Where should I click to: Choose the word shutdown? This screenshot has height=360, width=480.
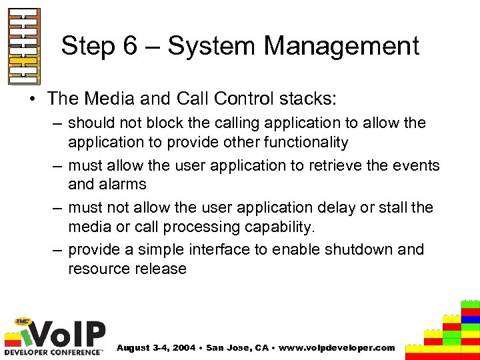click(357, 249)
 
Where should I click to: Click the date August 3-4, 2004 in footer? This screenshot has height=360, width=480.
click(156, 348)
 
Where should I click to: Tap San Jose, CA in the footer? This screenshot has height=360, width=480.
click(239, 348)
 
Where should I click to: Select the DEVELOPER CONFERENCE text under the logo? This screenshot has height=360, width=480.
click(53, 351)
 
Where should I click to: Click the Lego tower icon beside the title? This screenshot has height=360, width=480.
click(24, 47)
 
